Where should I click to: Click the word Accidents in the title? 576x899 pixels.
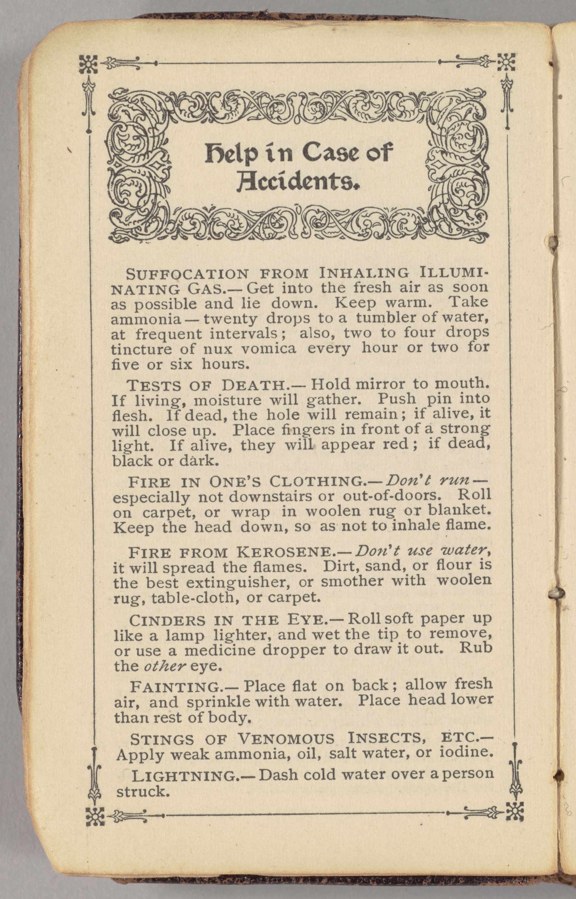pyautogui.click(x=298, y=182)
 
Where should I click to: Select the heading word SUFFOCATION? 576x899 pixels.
pyautogui.click(x=187, y=274)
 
